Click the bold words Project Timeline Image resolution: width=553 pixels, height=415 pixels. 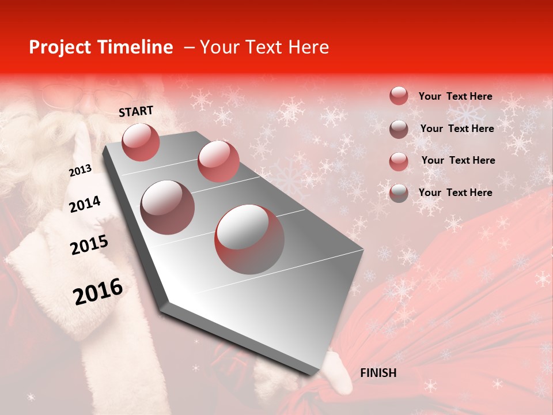click(x=101, y=47)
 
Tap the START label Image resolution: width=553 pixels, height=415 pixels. click(x=136, y=111)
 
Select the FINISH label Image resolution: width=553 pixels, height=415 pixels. click(x=378, y=373)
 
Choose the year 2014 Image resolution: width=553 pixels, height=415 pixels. click(x=85, y=204)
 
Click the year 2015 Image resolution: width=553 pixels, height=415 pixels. click(x=89, y=245)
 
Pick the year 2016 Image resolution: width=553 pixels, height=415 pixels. click(x=98, y=291)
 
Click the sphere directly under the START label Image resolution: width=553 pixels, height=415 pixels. click(x=141, y=142)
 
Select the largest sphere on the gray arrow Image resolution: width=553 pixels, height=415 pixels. click(x=249, y=239)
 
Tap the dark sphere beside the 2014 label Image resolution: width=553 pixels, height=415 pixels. click(x=168, y=207)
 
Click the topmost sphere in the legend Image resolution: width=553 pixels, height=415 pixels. click(x=399, y=96)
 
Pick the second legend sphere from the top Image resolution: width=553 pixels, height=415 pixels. click(x=399, y=129)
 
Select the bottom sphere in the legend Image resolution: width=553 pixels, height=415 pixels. click(x=399, y=193)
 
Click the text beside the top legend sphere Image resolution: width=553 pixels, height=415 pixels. click(x=455, y=96)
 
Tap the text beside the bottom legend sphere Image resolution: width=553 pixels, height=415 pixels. click(x=455, y=193)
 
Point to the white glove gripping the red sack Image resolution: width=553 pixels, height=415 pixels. click(x=337, y=372)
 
